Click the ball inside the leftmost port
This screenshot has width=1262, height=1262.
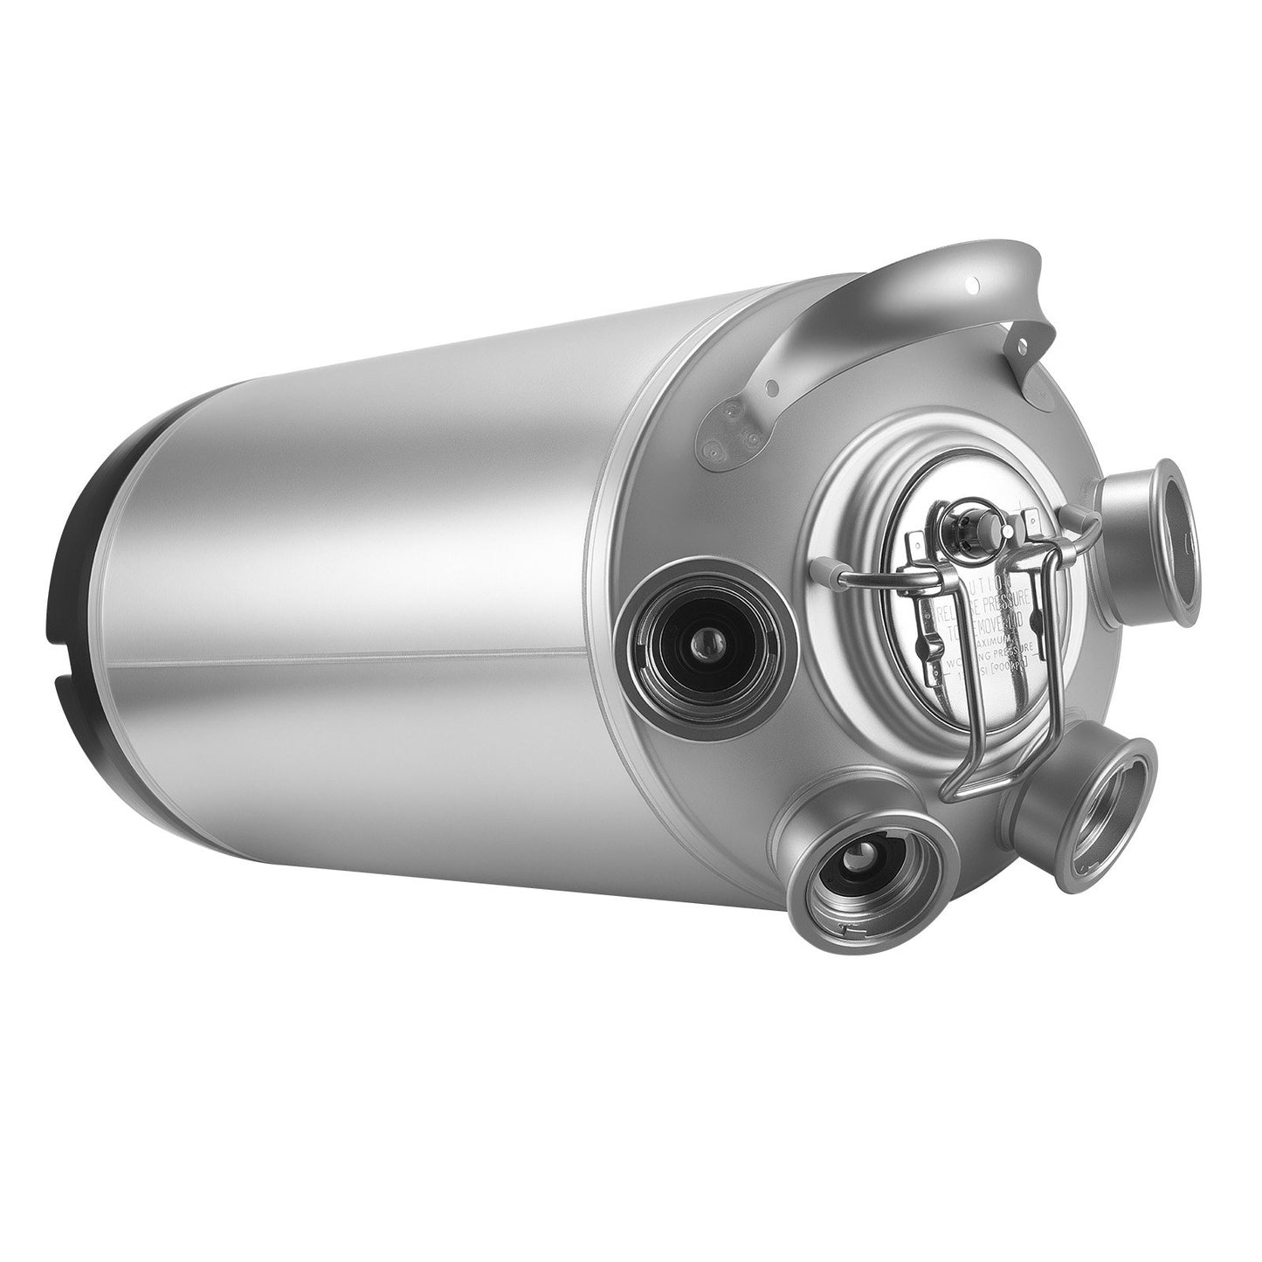point(703,645)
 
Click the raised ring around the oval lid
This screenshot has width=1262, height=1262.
point(834,507)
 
